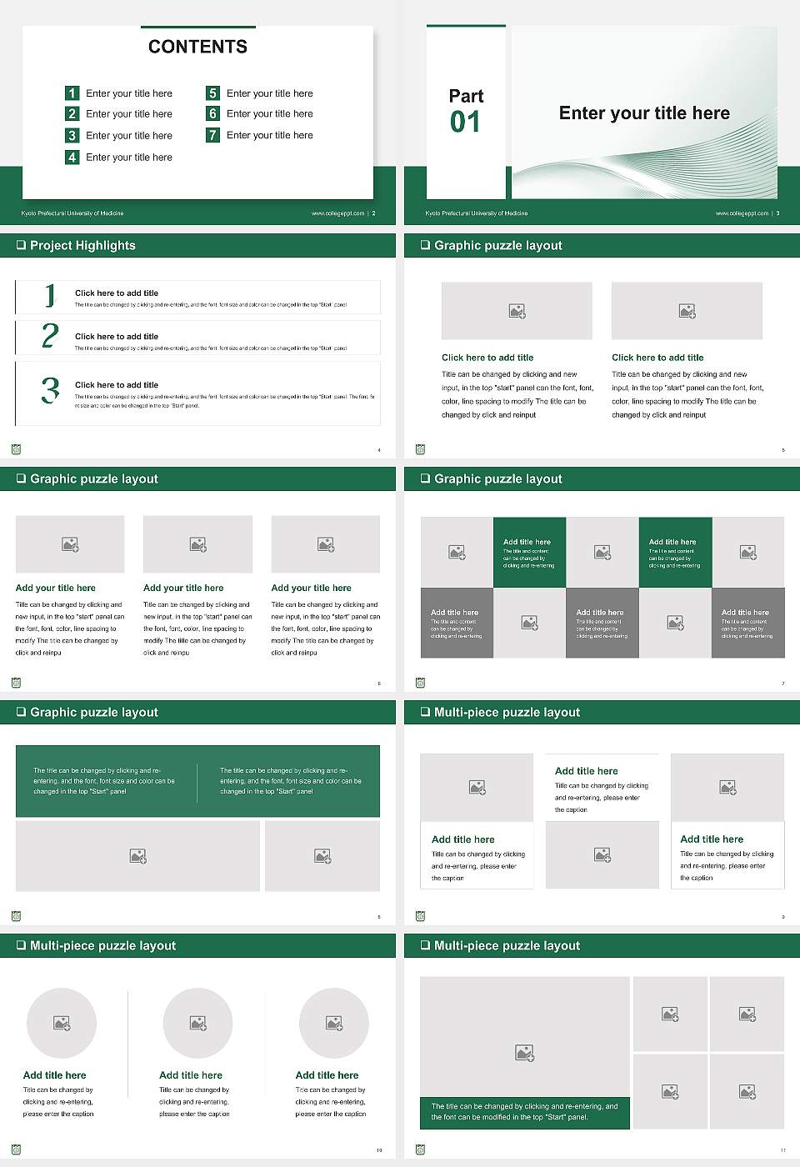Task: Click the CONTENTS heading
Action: click(x=197, y=47)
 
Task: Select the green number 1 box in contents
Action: click(x=72, y=93)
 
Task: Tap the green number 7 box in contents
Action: click(x=213, y=135)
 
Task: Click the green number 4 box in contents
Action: click(x=72, y=157)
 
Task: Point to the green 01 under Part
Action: click(x=465, y=123)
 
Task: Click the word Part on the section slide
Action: click(x=466, y=96)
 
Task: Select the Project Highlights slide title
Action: click(x=82, y=245)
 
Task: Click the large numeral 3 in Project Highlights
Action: click(x=51, y=390)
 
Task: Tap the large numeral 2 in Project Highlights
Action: click(x=50, y=336)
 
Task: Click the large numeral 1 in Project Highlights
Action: click(x=50, y=295)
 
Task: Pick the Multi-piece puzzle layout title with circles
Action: click(x=102, y=945)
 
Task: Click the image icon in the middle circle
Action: click(x=197, y=1023)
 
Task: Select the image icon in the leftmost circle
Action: click(x=62, y=1023)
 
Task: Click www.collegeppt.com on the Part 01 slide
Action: click(x=742, y=213)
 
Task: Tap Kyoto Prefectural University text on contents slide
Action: click(x=72, y=213)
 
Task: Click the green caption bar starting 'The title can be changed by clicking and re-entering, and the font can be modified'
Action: click(x=525, y=1112)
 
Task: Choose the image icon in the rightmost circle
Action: click(x=334, y=1023)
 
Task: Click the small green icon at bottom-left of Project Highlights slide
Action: click(x=16, y=449)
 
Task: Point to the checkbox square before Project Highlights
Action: click(x=21, y=245)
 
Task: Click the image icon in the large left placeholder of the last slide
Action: click(x=524, y=1054)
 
